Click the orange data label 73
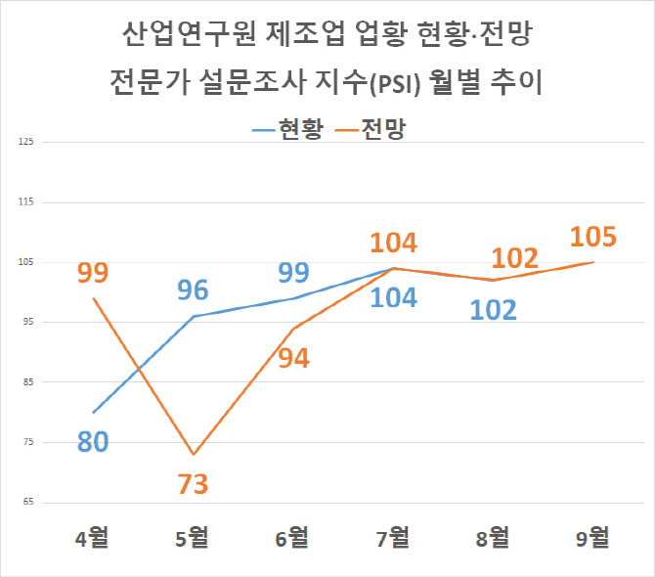tap(193, 484)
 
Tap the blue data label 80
tap(93, 442)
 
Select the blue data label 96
tap(193, 289)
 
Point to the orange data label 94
tap(293, 358)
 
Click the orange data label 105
tap(592, 237)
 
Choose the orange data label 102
tap(514, 258)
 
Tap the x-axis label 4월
tap(94, 537)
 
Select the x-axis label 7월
tap(393, 537)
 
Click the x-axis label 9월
tap(592, 537)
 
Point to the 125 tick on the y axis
tap(26, 143)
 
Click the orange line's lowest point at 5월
tap(193, 455)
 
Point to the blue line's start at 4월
tap(94, 413)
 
